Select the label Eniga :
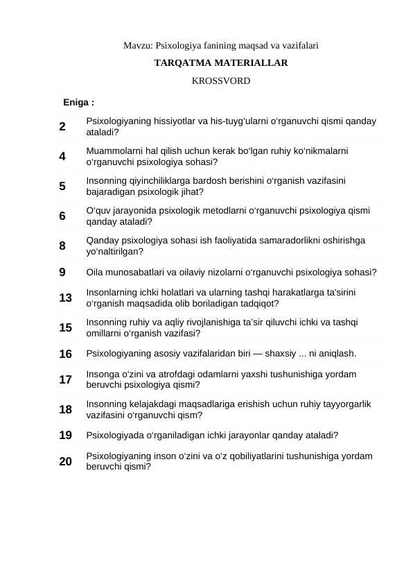pyautogui.click(x=79, y=103)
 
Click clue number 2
pyautogui.click(x=63, y=126)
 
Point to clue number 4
pyautogui.click(x=63, y=156)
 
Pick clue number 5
pyautogui.click(x=63, y=186)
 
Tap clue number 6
pyautogui.click(x=63, y=216)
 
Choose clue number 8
pyautogui.click(x=63, y=246)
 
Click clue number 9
pyautogui.click(x=63, y=272)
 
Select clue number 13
pyautogui.click(x=66, y=298)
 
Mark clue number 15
pyautogui.click(x=66, y=327)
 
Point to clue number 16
pyautogui.click(x=66, y=354)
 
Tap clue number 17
pyautogui.click(x=66, y=379)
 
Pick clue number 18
pyautogui.click(x=66, y=409)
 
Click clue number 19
pyautogui.click(x=66, y=436)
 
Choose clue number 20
pyautogui.click(x=66, y=461)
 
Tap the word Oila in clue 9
pyautogui.click(x=95, y=272)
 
